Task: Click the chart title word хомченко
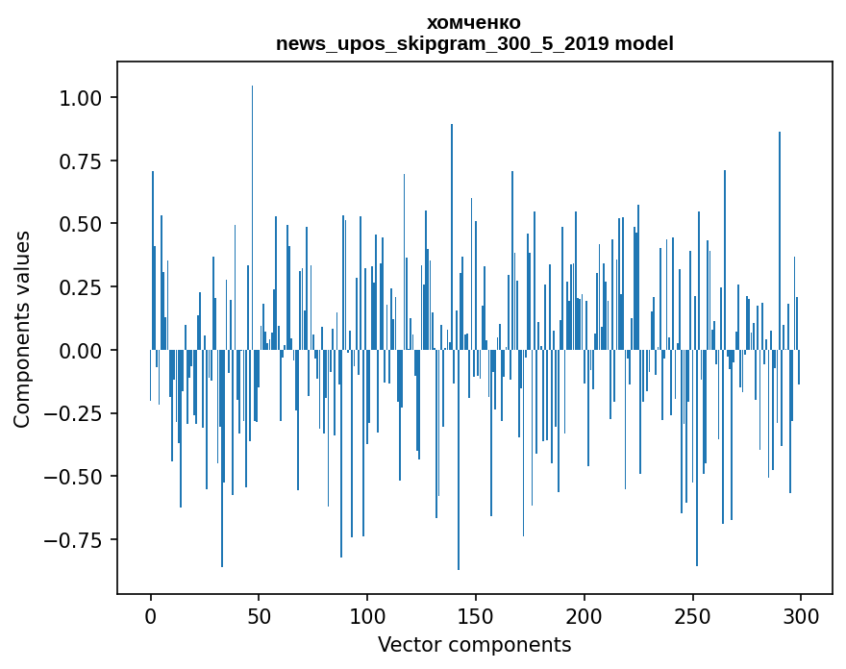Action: tap(474, 22)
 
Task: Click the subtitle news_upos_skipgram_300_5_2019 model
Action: tap(474, 43)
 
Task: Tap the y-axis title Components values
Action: tap(22, 329)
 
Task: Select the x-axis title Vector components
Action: tap(474, 645)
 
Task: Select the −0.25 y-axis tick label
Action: tap(83, 413)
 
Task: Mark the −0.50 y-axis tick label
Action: tap(83, 476)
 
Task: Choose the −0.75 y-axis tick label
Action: tap(83, 539)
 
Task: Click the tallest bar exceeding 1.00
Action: tap(253, 192)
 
